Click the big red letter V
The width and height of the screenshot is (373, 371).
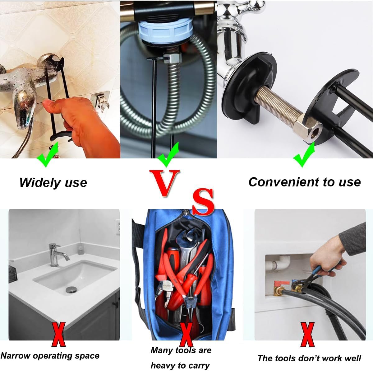[164, 183]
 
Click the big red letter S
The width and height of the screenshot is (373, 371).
[203, 201]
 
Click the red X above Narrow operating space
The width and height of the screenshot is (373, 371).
[58, 335]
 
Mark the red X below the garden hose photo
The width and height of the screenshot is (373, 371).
[307, 335]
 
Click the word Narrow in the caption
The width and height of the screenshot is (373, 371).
[15, 356]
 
